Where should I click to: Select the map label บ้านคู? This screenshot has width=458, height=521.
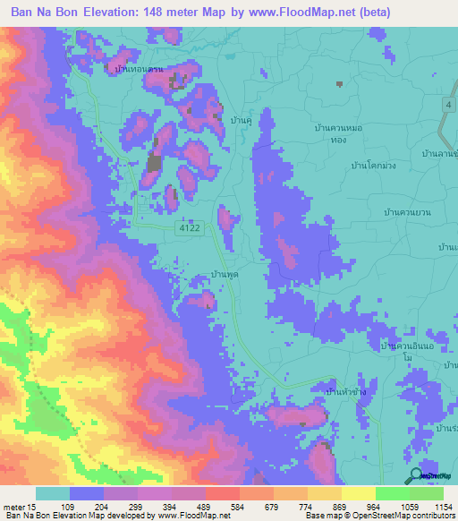pos(239,118)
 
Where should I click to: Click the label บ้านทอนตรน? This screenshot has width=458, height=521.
pos(136,67)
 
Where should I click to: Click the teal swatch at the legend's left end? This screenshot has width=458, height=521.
pos(53,493)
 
